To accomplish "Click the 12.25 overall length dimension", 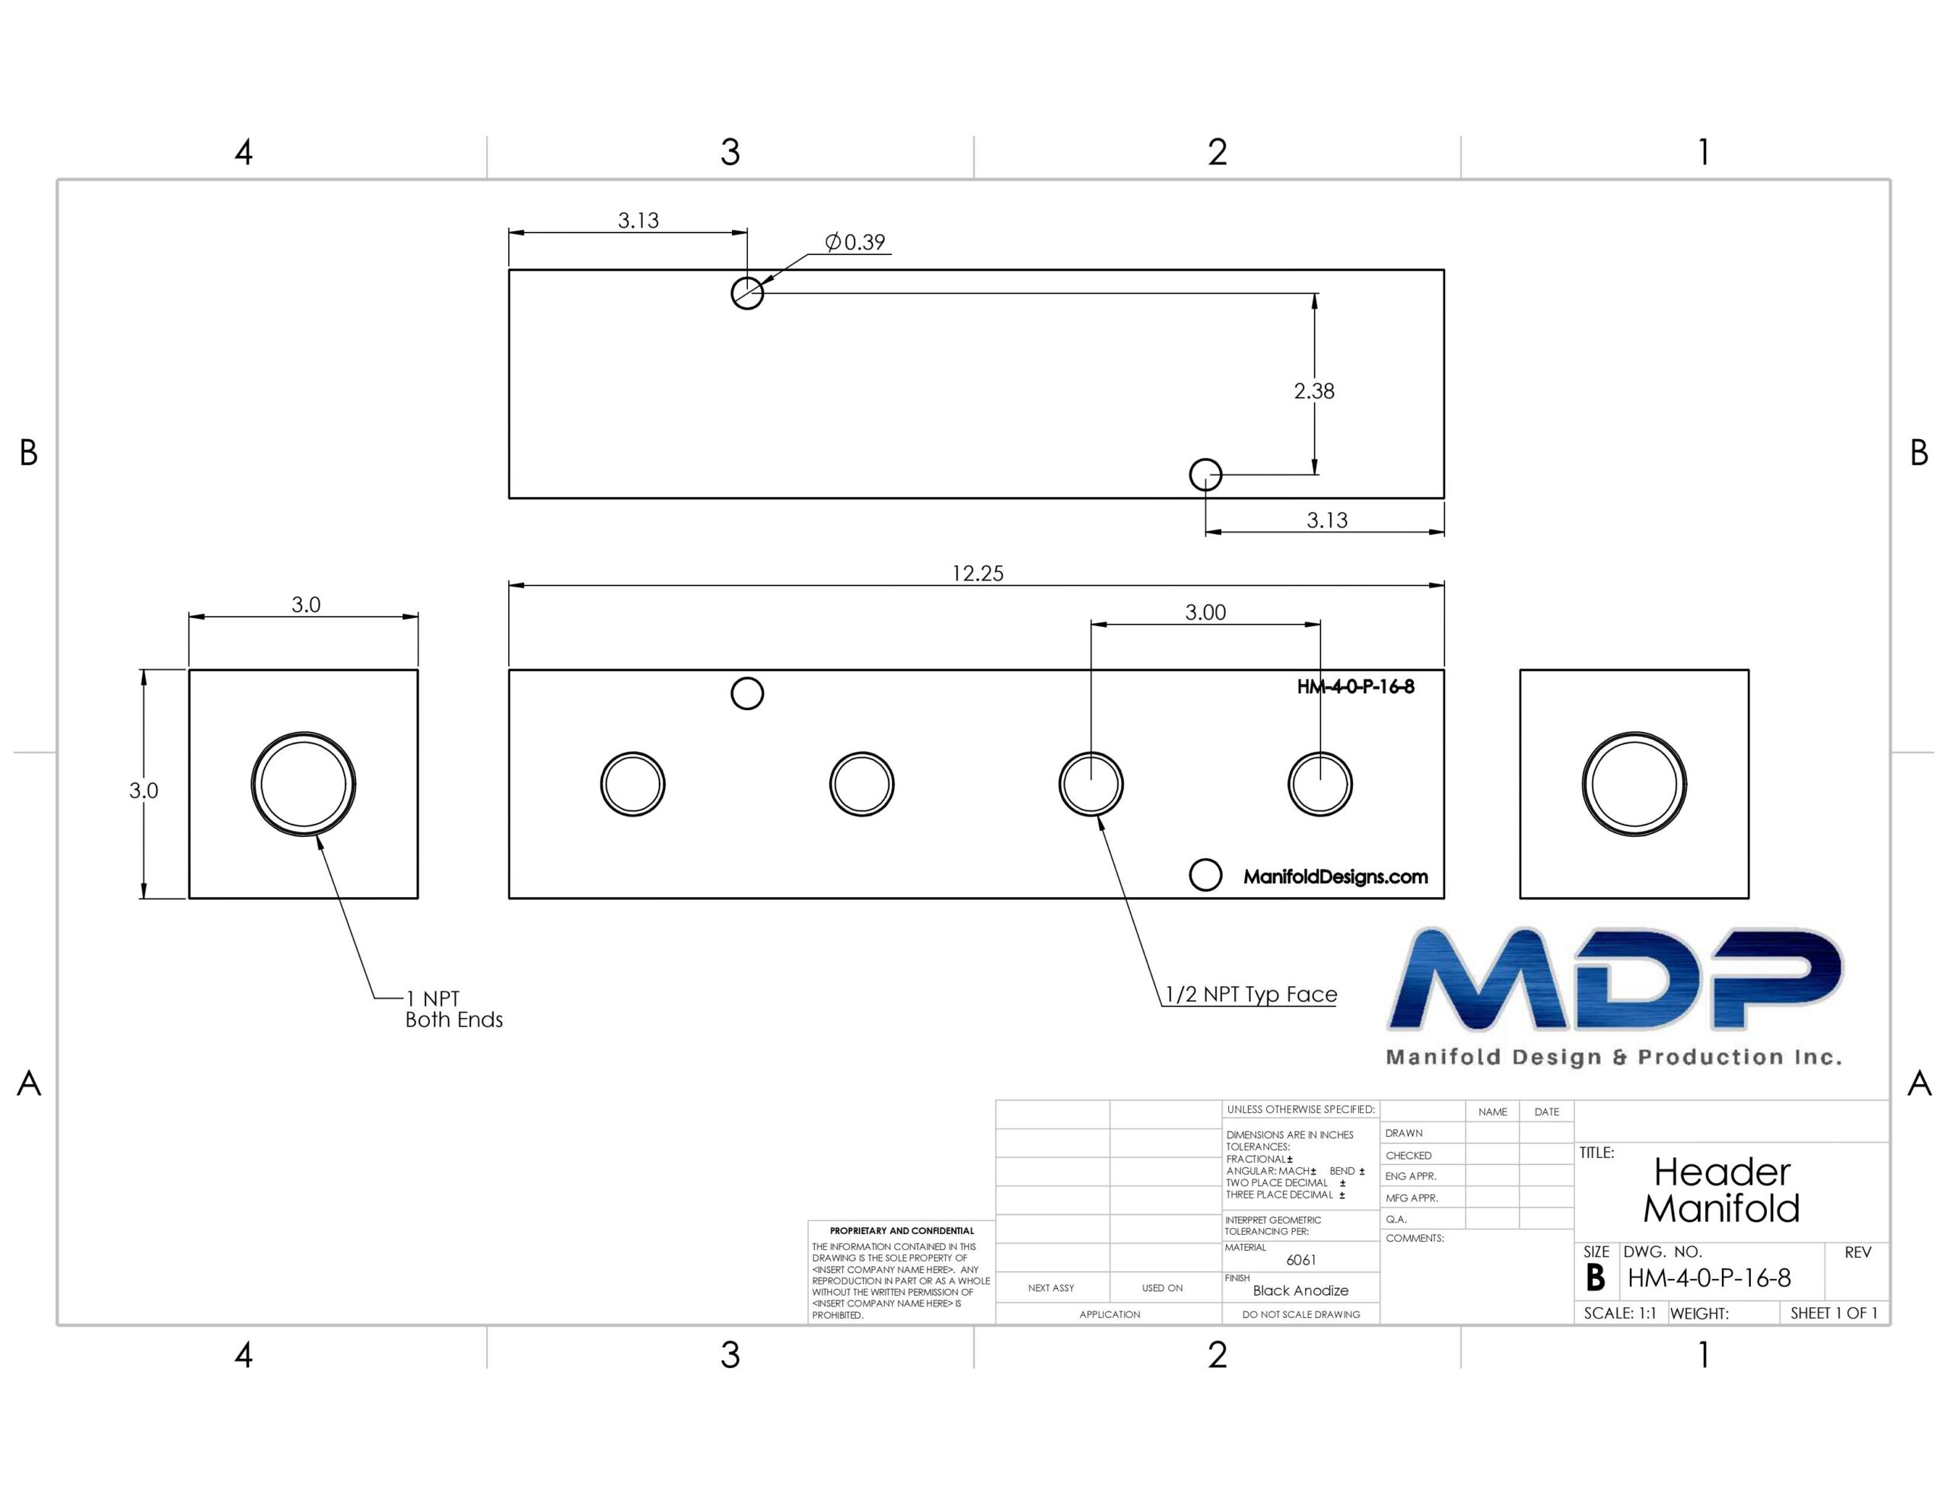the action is tap(978, 573).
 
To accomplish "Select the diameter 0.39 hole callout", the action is tap(855, 242).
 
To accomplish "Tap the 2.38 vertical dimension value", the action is tap(1314, 391).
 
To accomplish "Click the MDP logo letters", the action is tap(1615, 978).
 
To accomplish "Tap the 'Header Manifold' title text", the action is tap(1721, 1190).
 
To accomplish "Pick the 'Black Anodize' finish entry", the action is tap(1300, 1290).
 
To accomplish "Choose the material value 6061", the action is tap(1301, 1260).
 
